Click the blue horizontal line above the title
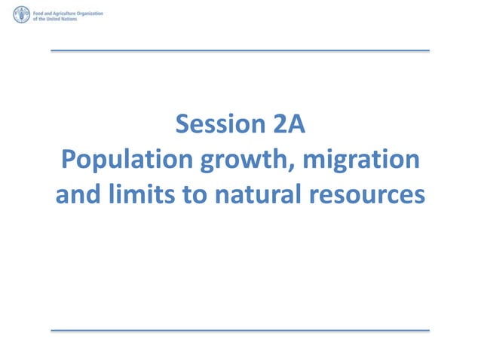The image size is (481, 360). (x=240, y=51)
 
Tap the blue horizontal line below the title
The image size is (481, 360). (x=240, y=330)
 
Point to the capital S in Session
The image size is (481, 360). (x=182, y=124)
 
